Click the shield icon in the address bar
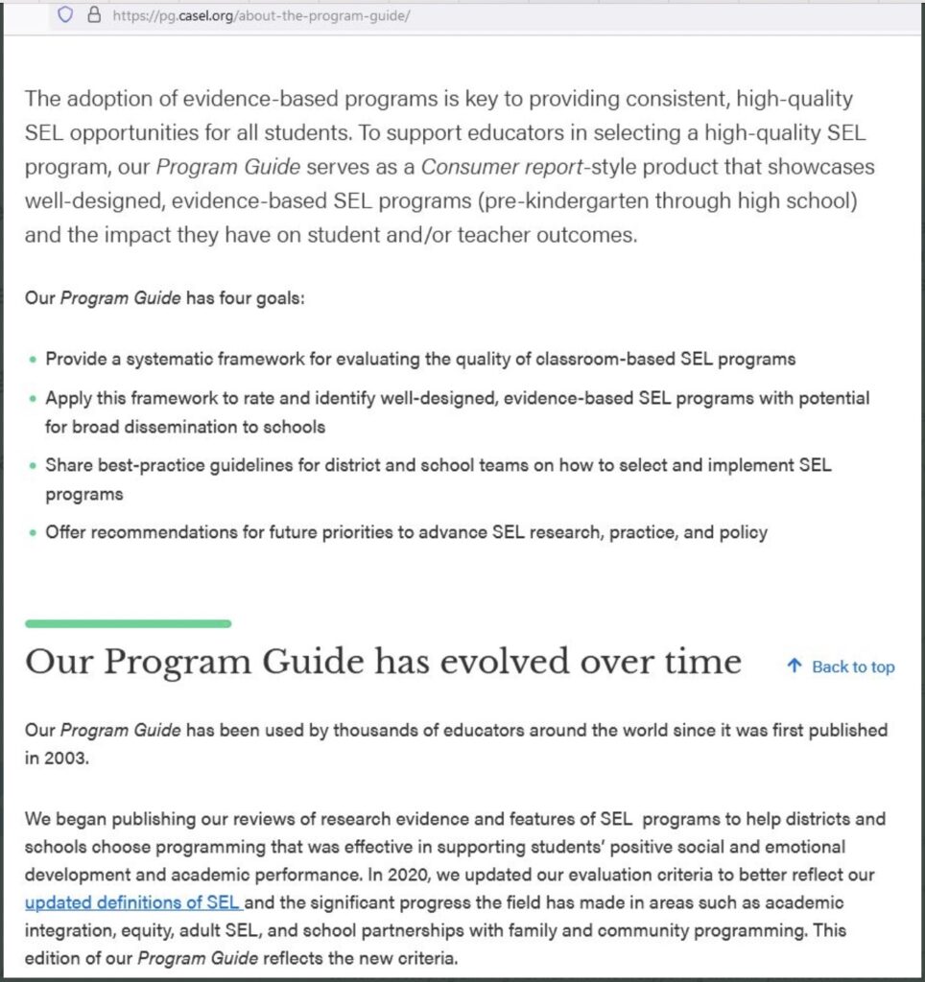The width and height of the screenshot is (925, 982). tap(65, 14)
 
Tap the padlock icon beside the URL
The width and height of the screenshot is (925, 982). tap(93, 14)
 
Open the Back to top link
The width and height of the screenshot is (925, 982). tap(852, 667)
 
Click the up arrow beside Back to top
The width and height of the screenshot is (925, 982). tap(794, 666)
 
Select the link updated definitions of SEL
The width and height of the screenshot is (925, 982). tap(132, 902)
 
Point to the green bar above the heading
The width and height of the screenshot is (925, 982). tap(128, 623)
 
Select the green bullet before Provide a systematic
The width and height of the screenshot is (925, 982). tap(34, 360)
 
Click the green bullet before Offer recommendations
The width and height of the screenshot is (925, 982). tap(34, 532)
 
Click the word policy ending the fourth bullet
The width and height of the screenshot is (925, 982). tap(744, 532)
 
